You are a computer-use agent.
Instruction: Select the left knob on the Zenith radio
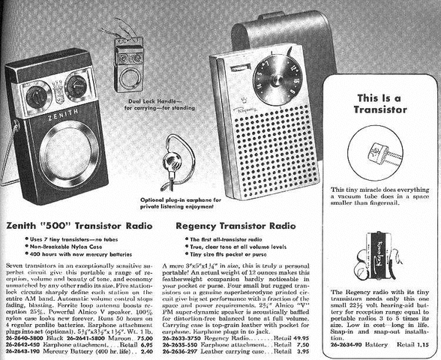coord(37,97)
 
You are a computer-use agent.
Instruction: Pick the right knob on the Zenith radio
coord(76,85)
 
